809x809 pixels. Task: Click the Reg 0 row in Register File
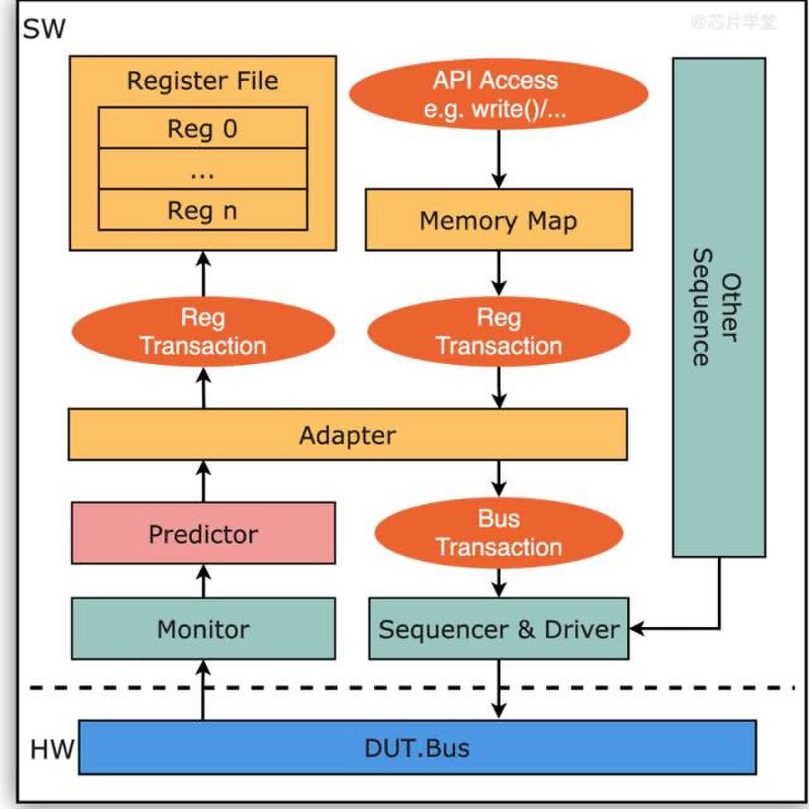(203, 128)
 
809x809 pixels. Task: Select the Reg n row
(203, 210)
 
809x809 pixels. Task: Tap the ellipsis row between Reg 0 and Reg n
(203, 169)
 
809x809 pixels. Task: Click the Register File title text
(202, 81)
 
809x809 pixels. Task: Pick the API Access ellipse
(498, 95)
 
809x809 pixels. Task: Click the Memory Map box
(498, 221)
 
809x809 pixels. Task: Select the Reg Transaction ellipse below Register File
(203, 332)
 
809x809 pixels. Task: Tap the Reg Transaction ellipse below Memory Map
(499, 332)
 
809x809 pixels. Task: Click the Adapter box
(348, 435)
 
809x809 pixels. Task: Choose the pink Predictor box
(203, 534)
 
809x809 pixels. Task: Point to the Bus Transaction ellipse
(499, 533)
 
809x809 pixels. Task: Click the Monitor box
(203, 629)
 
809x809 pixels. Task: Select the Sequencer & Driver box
(499, 629)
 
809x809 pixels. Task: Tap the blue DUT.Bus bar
(417, 748)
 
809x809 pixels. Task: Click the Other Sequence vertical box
(719, 308)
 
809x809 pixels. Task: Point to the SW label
(44, 29)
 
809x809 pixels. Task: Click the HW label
(52, 750)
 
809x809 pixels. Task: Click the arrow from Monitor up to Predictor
(203, 581)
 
